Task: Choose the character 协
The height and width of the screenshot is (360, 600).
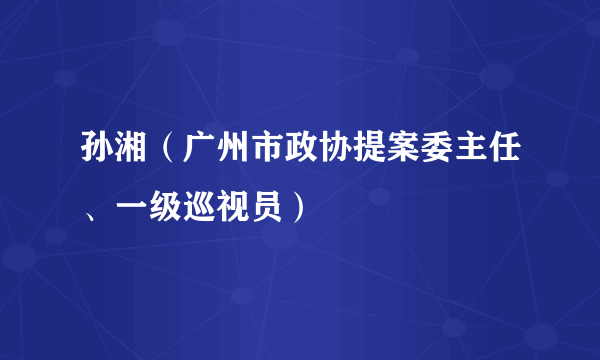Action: point(340,158)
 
